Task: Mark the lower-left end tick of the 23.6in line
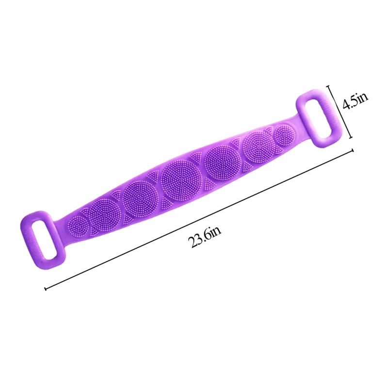point(45,289)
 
